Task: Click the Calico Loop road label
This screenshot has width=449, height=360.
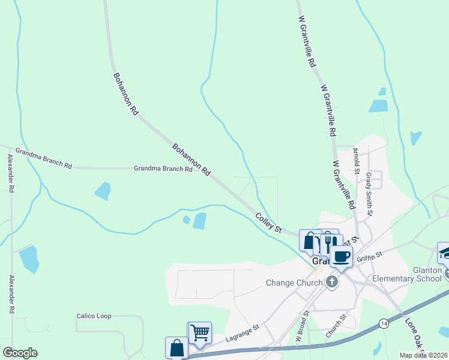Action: click(x=95, y=316)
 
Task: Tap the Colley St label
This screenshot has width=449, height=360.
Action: click(x=268, y=223)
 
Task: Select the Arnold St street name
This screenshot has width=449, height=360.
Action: click(x=356, y=161)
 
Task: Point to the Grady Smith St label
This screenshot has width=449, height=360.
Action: click(x=369, y=194)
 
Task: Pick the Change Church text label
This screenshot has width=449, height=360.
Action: click(x=294, y=283)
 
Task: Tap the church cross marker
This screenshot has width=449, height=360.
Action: click(x=332, y=283)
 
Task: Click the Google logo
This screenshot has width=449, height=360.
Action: click(x=20, y=353)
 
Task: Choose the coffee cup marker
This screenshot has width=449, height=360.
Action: click(x=342, y=257)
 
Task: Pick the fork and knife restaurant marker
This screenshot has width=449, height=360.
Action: click(x=329, y=242)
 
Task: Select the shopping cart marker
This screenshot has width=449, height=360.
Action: click(x=200, y=332)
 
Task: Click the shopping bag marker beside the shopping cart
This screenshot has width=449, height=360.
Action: click(x=177, y=347)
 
